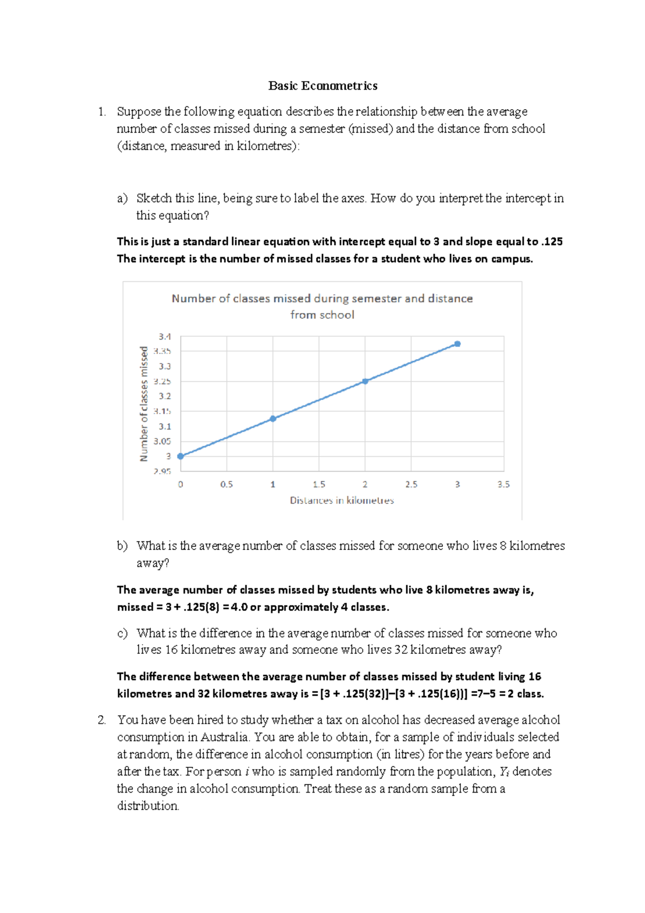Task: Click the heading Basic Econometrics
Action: [322, 86]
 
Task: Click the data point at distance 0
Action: [181, 456]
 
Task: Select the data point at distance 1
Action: [273, 418]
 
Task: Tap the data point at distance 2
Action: [365, 381]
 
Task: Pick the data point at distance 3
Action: [457, 344]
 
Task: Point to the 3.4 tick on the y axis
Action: [164, 337]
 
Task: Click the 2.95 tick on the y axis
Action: [162, 471]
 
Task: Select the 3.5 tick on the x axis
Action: [503, 484]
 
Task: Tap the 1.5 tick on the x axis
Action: [319, 484]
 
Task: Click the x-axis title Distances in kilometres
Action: [342, 501]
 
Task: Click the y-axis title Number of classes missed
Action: [144, 403]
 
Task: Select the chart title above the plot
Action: [322, 306]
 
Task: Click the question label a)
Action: [122, 198]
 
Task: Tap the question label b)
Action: [122, 546]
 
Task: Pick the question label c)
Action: [122, 633]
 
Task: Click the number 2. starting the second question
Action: [102, 720]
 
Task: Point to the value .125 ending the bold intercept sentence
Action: [552, 242]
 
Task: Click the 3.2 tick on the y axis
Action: [164, 396]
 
